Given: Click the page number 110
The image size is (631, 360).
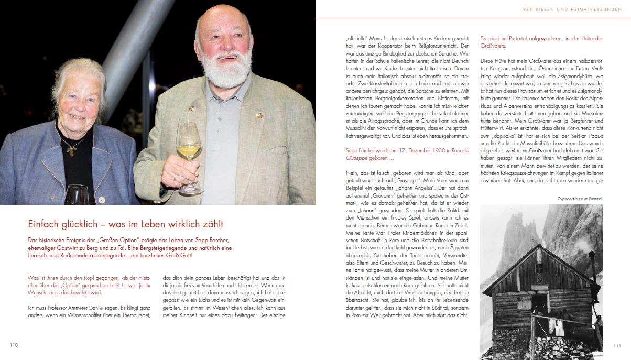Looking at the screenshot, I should (x=14, y=345).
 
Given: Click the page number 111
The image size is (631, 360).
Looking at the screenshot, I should (x=617, y=345).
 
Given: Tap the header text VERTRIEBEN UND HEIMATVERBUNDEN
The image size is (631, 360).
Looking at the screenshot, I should (x=575, y=9).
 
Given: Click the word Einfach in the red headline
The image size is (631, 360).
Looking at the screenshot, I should (x=42, y=224).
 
